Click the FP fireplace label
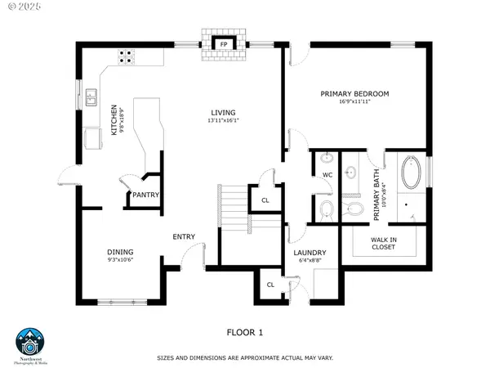[x=223, y=44]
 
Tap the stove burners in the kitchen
[x=127, y=56]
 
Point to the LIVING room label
[x=223, y=112]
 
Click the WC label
[x=327, y=175]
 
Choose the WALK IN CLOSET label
[x=384, y=242]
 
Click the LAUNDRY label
[x=310, y=253]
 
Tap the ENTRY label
[x=183, y=237]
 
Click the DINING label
[x=120, y=252]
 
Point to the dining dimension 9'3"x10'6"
[x=120, y=261]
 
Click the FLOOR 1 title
[x=245, y=332]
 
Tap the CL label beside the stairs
[x=265, y=200]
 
